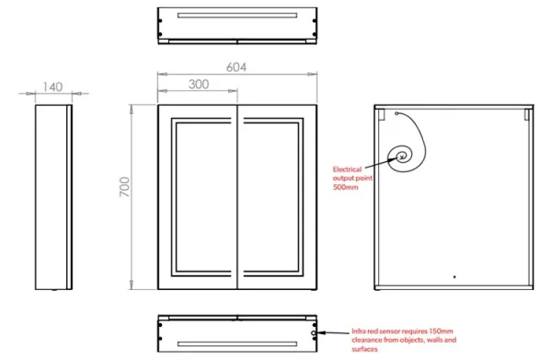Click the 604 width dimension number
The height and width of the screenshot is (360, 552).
point(237,67)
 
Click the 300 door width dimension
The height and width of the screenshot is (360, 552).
point(199,84)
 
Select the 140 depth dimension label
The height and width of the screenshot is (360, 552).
point(52,87)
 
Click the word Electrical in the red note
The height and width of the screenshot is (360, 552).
point(349,169)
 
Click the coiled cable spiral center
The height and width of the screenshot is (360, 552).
point(403,156)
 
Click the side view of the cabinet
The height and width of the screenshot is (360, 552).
point(52,196)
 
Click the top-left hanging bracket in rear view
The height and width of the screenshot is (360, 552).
point(380,115)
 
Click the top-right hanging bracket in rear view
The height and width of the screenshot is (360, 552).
point(526,115)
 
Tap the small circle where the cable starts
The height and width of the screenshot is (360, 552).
point(396,113)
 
